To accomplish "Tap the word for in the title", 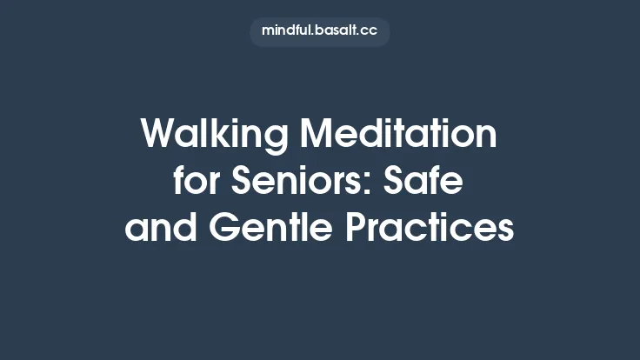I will pos(192,183).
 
